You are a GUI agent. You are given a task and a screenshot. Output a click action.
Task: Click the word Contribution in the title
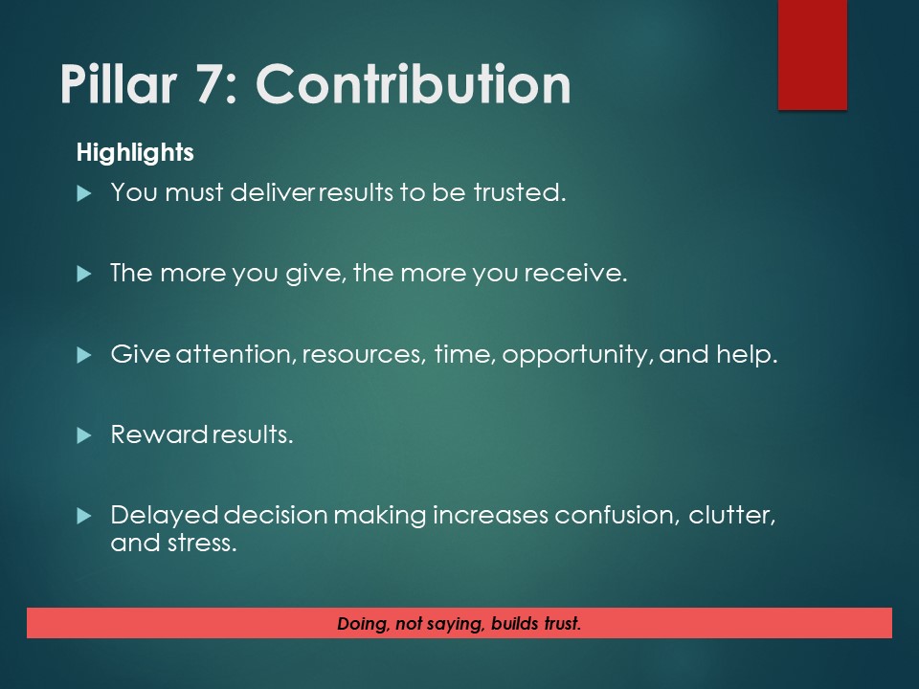pos(414,86)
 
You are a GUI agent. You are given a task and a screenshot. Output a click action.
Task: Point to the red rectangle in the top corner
pos(812,54)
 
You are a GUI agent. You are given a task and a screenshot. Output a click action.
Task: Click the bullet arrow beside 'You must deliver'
pos(83,193)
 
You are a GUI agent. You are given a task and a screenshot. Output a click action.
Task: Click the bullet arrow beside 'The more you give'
pos(83,274)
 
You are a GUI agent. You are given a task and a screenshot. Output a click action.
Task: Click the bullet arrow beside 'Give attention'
pos(83,355)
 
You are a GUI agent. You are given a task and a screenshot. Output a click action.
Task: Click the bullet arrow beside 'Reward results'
pos(83,435)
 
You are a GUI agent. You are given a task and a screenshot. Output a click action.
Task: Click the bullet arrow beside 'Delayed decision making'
pos(83,516)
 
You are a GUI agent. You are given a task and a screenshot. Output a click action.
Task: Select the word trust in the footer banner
pos(558,624)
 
